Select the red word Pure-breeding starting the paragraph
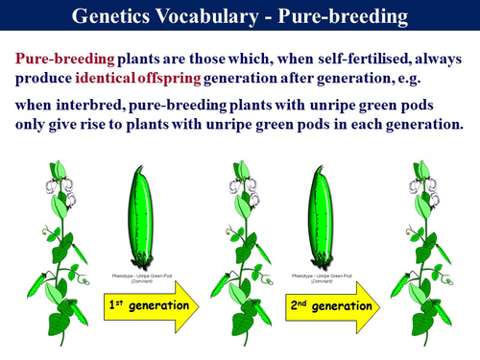click(66, 59)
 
